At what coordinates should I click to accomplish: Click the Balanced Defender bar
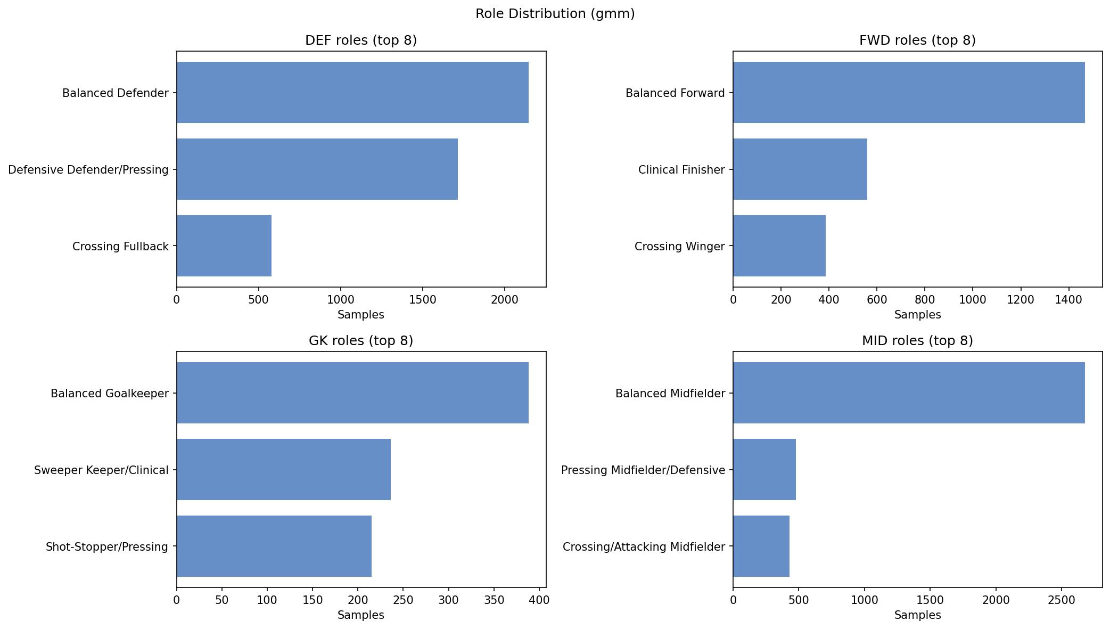pyautogui.click(x=352, y=93)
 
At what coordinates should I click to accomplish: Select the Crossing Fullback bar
pyautogui.click(x=224, y=246)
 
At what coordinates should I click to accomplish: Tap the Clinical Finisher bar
pyautogui.click(x=800, y=169)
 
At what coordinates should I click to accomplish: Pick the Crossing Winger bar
pyautogui.click(x=779, y=246)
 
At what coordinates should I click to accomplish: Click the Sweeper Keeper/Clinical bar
pyautogui.click(x=283, y=470)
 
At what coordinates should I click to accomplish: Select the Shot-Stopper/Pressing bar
pyautogui.click(x=274, y=546)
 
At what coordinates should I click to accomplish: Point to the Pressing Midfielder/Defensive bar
pyautogui.click(x=764, y=470)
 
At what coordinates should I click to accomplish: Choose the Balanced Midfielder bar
pyautogui.click(x=908, y=393)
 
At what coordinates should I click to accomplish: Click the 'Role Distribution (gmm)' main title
pyautogui.click(x=555, y=14)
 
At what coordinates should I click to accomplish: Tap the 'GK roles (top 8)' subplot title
pyautogui.click(x=361, y=341)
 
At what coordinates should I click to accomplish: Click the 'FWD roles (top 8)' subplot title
pyautogui.click(x=917, y=40)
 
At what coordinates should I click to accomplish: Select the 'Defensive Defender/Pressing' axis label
pyautogui.click(x=88, y=170)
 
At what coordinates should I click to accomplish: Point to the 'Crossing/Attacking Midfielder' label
pyautogui.click(x=644, y=547)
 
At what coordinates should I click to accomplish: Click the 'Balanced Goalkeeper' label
pyautogui.click(x=110, y=394)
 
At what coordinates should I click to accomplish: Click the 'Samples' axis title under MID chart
pyautogui.click(x=917, y=615)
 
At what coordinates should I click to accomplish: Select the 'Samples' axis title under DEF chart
pyautogui.click(x=361, y=315)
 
